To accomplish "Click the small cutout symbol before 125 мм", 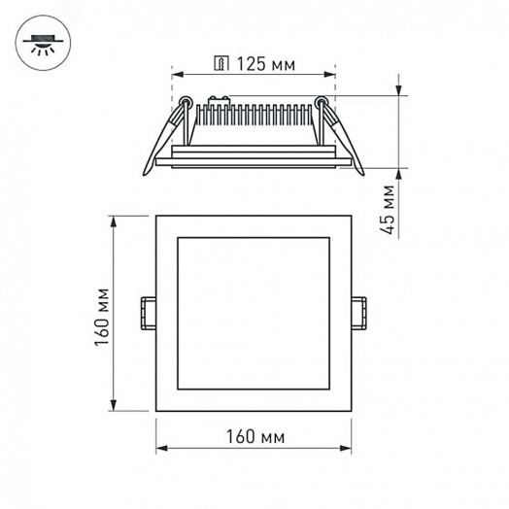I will (221, 64).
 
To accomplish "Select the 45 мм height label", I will (389, 212).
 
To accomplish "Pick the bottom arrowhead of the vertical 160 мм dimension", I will (116, 405).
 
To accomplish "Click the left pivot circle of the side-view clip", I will (185, 99).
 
